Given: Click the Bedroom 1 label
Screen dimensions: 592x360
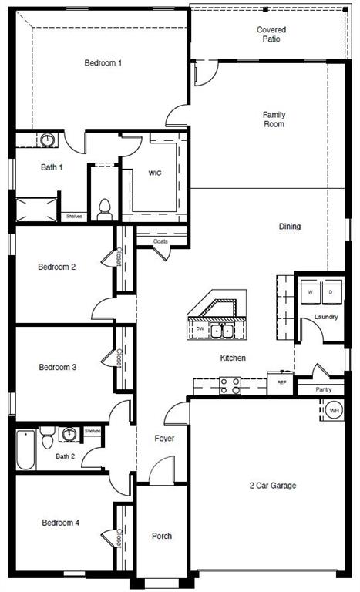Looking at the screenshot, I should pos(103,63).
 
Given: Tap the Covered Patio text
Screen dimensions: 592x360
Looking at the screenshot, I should pos(271,35).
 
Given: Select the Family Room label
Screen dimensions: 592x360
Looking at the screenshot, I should pos(274,119).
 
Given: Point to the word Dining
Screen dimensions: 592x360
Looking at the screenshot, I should pos(290,227).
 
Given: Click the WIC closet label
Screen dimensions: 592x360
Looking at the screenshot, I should pos(154,173).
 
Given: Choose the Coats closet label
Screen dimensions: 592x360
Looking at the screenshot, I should pos(160,241).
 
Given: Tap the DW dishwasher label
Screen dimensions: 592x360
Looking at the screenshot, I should pos(200,329).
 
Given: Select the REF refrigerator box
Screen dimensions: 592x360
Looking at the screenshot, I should pos(281,382).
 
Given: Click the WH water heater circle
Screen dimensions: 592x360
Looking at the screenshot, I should pos(334,411).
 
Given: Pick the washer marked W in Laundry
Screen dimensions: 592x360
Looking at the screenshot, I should pos(311,292).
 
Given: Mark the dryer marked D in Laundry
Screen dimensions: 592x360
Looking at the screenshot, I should pos(331,292).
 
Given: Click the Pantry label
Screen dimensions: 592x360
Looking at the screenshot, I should pos(325,390).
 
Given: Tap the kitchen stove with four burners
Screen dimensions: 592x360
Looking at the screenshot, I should pos(230,385).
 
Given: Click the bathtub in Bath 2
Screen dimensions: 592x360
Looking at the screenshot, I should pos(25,450).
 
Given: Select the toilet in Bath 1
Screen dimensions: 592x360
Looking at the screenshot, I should pos(105,208).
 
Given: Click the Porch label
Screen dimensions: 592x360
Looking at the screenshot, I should pos(161,536).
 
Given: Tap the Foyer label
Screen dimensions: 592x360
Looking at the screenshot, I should pos(163,438).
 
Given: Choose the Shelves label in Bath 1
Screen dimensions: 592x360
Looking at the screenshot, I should pos(74,216).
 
